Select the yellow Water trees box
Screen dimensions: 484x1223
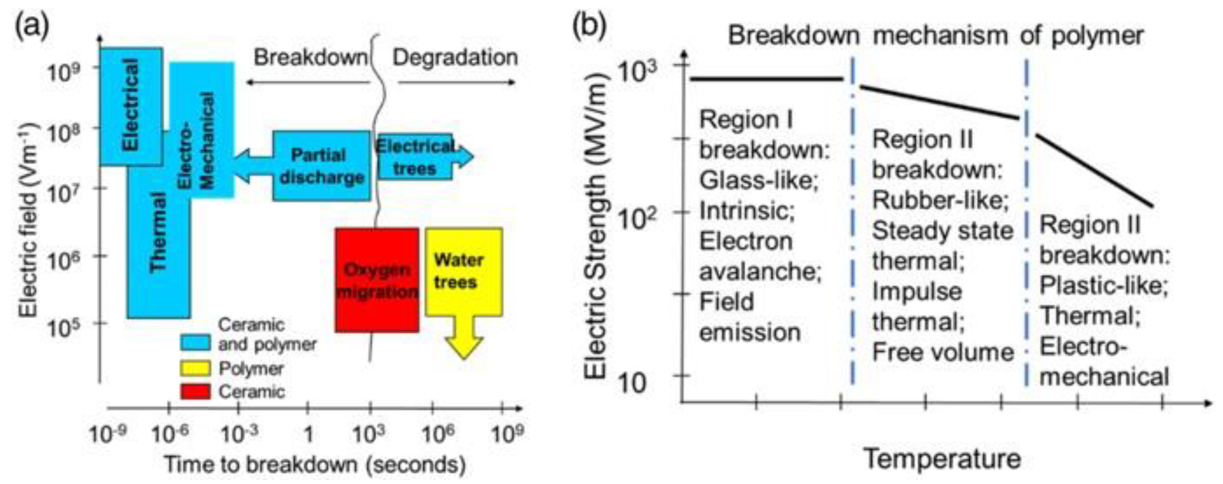pos(463,272)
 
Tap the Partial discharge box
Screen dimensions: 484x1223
pos(322,166)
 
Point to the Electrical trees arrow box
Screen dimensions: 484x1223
pos(415,157)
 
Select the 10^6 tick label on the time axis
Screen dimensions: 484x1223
pos(437,433)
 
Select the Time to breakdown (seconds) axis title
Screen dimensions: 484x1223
pos(315,465)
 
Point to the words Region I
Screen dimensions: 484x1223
pos(746,120)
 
